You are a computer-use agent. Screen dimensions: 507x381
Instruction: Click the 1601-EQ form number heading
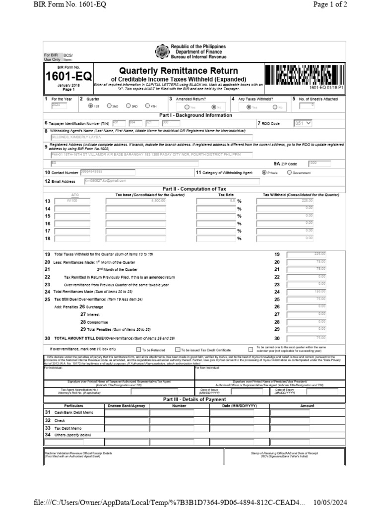point(68,77)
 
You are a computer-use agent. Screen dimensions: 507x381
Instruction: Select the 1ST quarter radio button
point(90,105)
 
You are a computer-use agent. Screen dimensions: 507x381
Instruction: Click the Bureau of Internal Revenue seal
point(162,51)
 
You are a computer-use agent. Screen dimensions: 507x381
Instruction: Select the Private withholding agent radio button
point(264,173)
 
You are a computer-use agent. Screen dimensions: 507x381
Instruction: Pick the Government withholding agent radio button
point(289,173)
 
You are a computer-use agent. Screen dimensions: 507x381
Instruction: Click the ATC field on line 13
point(75,201)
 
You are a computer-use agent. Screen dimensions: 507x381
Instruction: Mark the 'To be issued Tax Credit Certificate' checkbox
point(177,349)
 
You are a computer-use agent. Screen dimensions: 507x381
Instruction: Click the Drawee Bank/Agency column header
point(126,406)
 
